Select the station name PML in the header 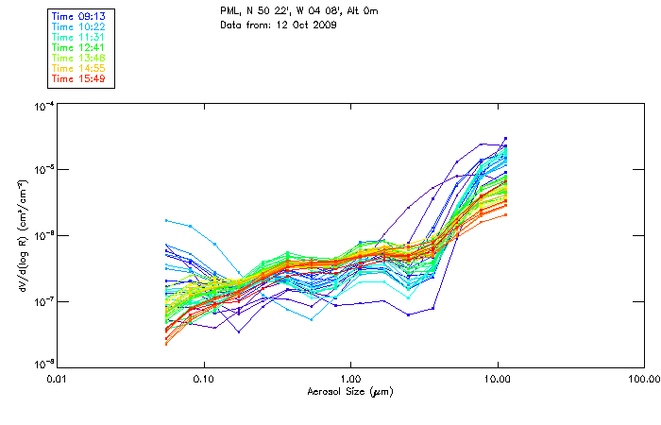tap(229, 10)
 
